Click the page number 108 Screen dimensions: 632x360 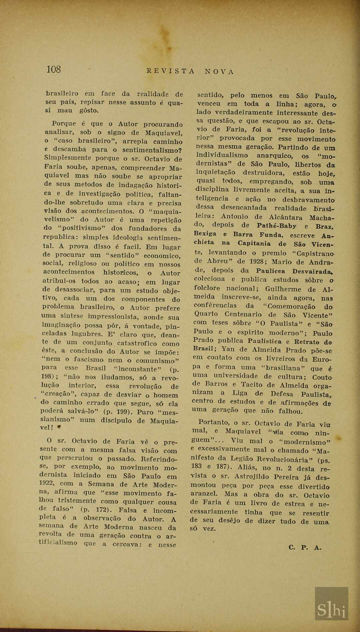53,69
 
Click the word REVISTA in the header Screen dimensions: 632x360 171,71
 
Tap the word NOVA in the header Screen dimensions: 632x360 219,72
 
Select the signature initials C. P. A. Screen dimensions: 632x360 305,547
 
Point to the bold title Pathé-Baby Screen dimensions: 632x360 277,226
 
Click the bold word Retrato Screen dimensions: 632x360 307,342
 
